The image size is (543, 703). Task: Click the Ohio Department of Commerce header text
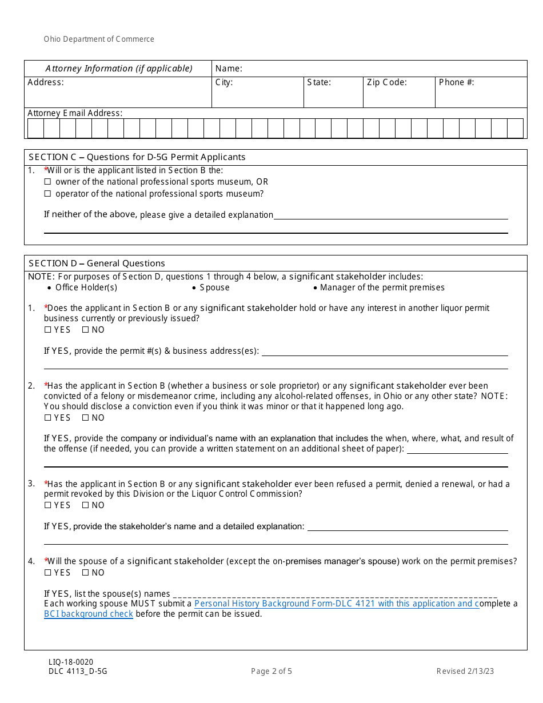point(99,39)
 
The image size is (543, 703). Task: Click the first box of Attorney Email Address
point(35,129)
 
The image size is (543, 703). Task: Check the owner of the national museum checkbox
point(48,182)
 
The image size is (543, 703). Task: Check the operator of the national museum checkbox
point(48,194)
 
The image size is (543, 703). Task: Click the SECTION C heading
point(137,157)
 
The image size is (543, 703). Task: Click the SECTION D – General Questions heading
point(97,263)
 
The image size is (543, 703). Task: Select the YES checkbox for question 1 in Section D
point(48,330)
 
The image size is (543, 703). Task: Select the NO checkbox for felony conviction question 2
point(86,418)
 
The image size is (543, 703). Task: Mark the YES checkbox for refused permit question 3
point(48,505)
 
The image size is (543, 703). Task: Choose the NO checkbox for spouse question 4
point(86,573)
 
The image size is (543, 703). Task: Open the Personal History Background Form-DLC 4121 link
point(336,604)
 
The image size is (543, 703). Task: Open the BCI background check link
point(89,614)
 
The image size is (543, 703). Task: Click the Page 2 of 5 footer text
point(271,672)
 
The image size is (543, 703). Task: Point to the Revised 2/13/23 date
point(465,672)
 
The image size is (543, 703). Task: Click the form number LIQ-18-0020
point(71,662)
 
